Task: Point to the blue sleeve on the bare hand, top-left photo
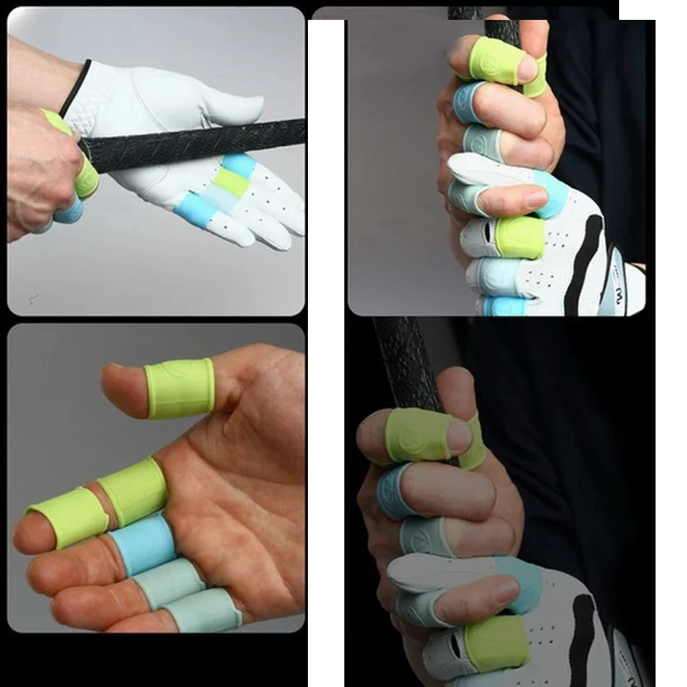point(70,213)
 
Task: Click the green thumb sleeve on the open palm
point(180,387)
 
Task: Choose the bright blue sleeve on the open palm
point(142,545)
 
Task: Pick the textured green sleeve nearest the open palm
point(133,492)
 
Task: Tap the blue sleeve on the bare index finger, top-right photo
point(468,102)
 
